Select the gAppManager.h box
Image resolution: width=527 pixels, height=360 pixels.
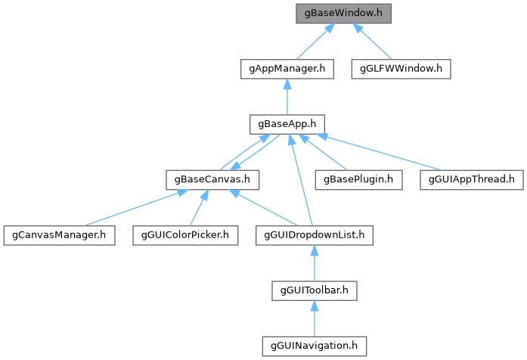(287, 68)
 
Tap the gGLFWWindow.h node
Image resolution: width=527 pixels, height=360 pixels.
(401, 68)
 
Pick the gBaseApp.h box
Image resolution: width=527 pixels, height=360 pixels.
(287, 124)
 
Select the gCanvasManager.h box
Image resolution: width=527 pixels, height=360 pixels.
(58, 235)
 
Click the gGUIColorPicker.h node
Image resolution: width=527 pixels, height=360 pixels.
(185, 235)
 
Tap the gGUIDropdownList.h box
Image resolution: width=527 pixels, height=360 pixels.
(315, 235)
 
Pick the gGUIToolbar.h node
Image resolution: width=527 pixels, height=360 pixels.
(315, 290)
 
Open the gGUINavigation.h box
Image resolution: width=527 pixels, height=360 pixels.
(315, 346)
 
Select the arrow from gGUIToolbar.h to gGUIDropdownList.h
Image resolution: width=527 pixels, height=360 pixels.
(315, 264)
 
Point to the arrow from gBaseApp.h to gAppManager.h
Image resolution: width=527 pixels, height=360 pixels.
(287, 97)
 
